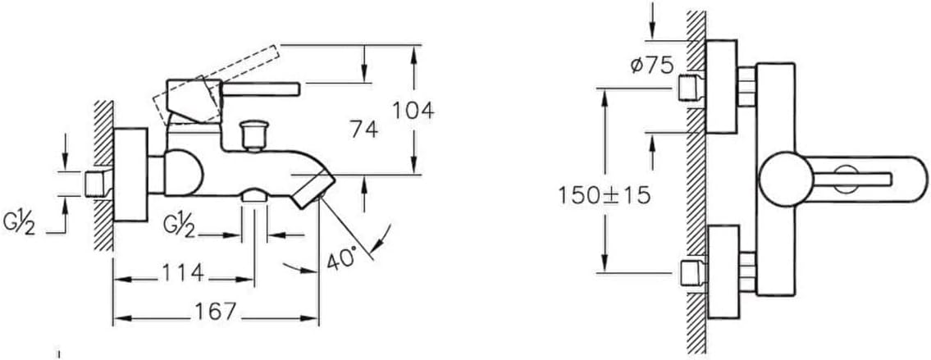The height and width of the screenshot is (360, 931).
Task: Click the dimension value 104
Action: [413, 111]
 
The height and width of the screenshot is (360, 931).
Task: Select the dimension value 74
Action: [364, 130]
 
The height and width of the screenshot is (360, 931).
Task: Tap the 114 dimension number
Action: [184, 273]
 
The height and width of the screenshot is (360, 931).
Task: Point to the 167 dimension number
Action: [216, 311]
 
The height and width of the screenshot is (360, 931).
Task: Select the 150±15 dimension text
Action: [604, 195]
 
